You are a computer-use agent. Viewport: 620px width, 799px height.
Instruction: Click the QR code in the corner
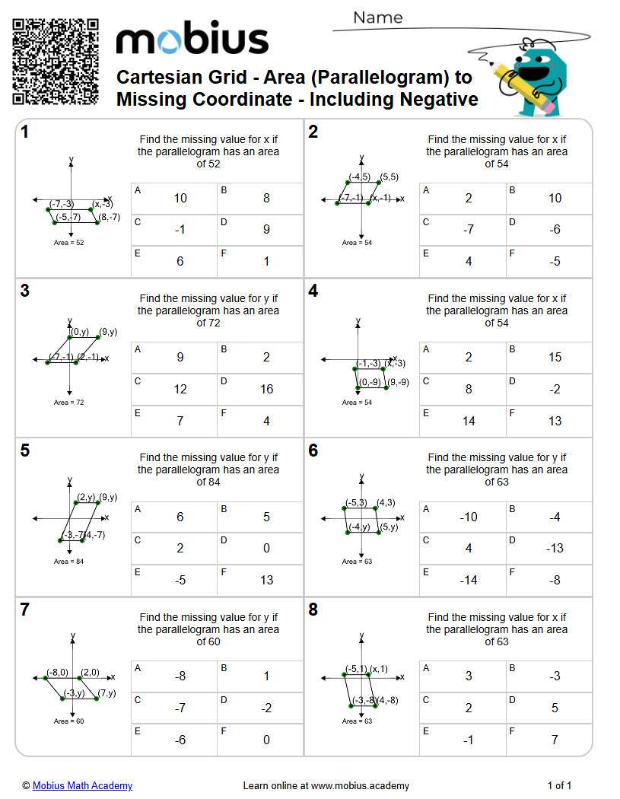click(x=56, y=62)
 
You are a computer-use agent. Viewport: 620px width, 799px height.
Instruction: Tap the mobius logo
click(x=192, y=39)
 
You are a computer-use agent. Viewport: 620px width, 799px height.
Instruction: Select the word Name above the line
click(x=378, y=18)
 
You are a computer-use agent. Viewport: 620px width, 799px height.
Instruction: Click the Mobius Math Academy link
click(x=82, y=785)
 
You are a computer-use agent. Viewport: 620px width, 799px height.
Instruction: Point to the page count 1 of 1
click(x=559, y=785)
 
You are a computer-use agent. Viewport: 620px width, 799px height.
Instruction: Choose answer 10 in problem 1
click(x=180, y=199)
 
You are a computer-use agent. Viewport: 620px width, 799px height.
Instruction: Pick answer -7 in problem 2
click(x=469, y=230)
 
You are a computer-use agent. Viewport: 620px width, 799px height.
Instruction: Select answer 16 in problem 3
click(x=266, y=390)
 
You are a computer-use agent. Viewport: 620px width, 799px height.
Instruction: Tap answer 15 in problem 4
click(x=555, y=358)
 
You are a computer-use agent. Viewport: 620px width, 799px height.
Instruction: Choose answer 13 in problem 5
click(x=266, y=581)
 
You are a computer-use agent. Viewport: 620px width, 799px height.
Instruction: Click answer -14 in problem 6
click(x=469, y=581)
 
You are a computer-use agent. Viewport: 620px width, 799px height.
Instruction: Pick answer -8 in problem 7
click(x=180, y=676)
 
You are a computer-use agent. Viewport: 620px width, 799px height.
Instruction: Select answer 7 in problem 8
click(x=555, y=740)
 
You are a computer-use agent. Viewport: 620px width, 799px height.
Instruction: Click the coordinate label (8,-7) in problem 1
click(x=109, y=217)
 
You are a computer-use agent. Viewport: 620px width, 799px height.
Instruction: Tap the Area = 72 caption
click(x=68, y=402)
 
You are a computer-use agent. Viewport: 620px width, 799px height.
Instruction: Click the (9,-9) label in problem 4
click(x=398, y=382)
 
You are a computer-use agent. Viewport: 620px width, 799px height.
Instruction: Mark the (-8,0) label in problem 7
click(x=57, y=672)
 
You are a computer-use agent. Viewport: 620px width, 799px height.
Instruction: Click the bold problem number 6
click(x=313, y=450)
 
